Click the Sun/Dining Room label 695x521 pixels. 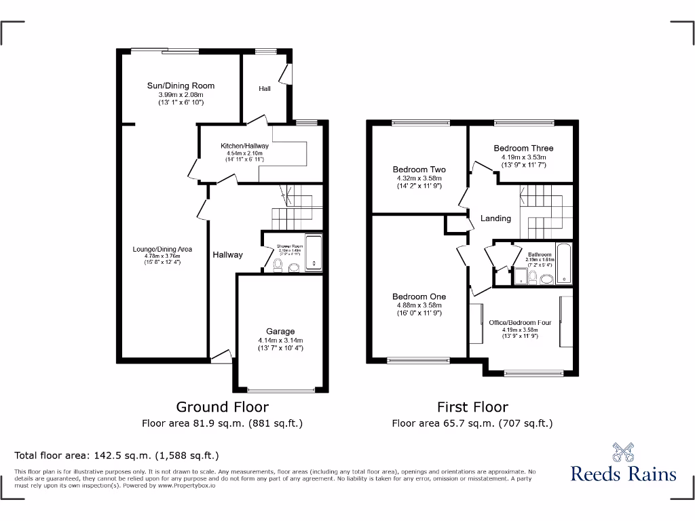point(181,85)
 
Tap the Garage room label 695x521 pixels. point(280,332)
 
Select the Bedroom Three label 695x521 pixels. point(523,148)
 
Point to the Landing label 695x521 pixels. point(495,218)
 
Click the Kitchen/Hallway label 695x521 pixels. point(244,146)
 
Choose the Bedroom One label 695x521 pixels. point(419,296)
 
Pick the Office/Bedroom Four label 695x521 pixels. point(520,323)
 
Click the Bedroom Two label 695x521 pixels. point(419,170)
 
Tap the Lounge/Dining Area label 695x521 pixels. point(162,249)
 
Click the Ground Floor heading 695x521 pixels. point(222,407)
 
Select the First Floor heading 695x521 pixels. point(472,407)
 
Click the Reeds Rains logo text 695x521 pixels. point(623,474)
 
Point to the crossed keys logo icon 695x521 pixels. point(623,450)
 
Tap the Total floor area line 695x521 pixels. point(117,456)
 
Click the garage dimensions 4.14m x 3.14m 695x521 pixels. point(280,341)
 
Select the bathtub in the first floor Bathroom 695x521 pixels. point(565,263)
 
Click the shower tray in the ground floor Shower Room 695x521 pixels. point(314,252)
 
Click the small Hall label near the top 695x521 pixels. point(265,89)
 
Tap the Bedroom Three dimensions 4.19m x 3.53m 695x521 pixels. point(523,157)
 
